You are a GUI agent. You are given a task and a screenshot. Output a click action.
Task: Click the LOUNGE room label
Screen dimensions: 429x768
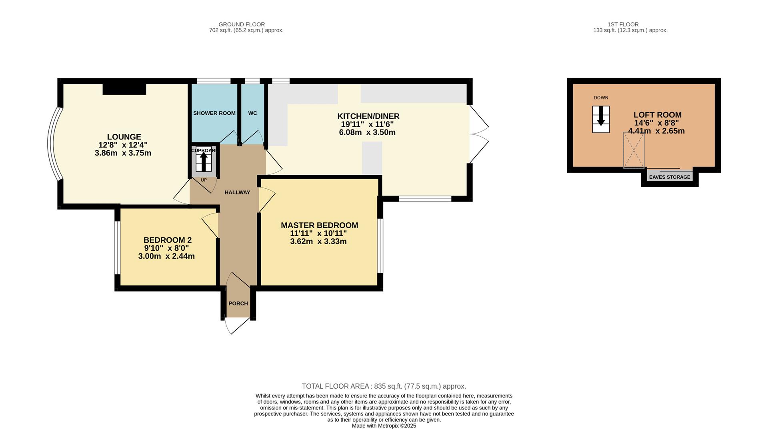tap(124, 137)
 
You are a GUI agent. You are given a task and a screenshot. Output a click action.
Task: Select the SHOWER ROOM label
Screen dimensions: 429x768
tap(214, 113)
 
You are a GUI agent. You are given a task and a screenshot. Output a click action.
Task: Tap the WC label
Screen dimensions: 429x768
tap(252, 113)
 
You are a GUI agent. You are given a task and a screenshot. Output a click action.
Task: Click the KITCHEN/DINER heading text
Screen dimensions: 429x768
tap(368, 116)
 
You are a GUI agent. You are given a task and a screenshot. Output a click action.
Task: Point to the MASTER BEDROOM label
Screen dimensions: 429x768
tap(319, 225)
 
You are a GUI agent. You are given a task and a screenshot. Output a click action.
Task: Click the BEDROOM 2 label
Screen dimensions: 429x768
tap(167, 240)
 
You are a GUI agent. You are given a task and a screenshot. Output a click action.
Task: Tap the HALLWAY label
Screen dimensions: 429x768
tap(237, 192)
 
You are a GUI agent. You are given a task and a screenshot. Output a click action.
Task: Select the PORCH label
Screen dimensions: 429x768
tap(238, 303)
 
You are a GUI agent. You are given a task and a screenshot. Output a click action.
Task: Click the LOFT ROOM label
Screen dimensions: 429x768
tap(657, 115)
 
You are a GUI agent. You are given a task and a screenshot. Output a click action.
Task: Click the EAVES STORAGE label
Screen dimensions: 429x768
tap(669, 177)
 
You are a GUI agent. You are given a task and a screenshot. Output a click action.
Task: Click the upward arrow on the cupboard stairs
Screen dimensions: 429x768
tap(204, 162)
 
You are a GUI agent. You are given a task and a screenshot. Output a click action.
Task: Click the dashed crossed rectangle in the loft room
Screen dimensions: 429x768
tap(634, 150)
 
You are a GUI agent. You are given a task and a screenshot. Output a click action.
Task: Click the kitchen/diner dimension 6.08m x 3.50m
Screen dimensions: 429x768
tap(367, 132)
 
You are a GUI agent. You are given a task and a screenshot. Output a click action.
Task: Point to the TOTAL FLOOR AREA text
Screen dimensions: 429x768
tap(384, 386)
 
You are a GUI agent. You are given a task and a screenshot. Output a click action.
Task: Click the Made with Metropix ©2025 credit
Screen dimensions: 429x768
tap(384, 426)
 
